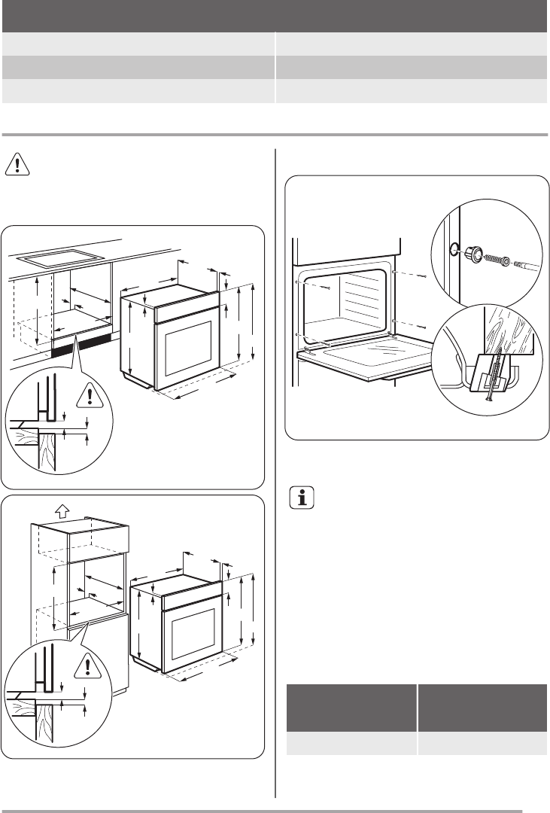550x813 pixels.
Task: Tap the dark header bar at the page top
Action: pyautogui.click(x=275, y=14)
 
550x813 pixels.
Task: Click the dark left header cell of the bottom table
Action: pyautogui.click(x=353, y=706)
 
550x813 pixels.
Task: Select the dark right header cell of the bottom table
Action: pyautogui.click(x=482, y=706)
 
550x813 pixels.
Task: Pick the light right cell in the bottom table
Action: pyautogui.click(x=482, y=743)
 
